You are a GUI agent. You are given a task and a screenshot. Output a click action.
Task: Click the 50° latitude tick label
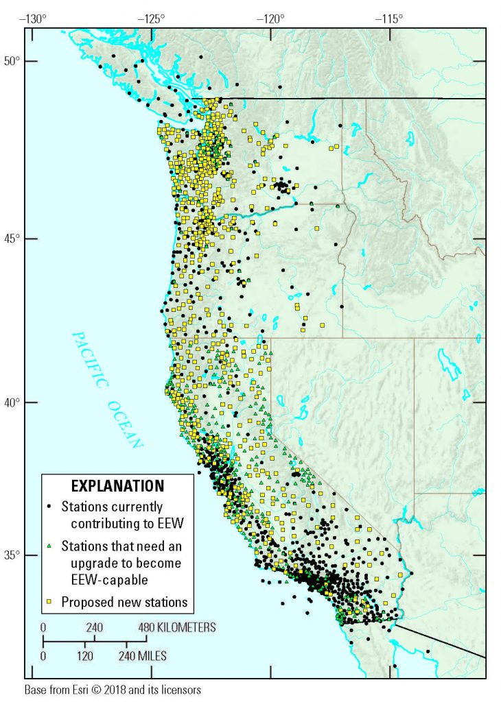pos(13,61)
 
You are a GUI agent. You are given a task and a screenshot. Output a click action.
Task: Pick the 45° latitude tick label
pos(13,239)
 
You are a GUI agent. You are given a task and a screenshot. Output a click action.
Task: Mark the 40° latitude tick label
pos(13,402)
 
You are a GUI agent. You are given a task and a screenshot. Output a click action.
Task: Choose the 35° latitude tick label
pos(13,555)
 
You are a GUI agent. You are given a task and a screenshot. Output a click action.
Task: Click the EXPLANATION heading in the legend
pos(118,486)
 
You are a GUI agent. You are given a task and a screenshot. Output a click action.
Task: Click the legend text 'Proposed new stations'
pos(124,603)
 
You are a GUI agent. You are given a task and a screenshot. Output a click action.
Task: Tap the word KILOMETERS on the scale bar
pos(187,627)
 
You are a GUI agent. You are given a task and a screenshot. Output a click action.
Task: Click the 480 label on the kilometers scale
pos(145,627)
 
